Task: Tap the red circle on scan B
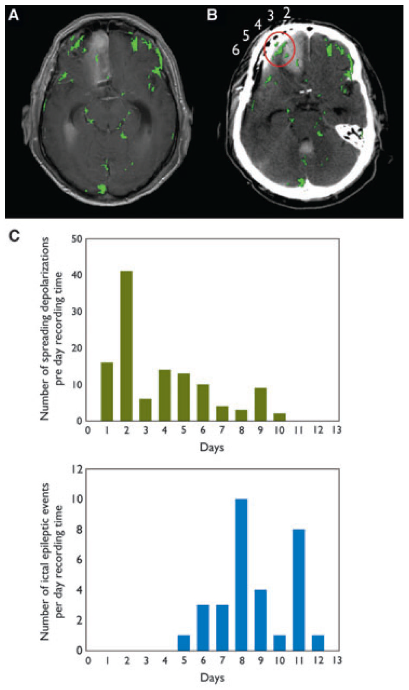pyautogui.click(x=279, y=49)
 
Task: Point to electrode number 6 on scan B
pyautogui.click(x=236, y=50)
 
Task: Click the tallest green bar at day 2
pyautogui.click(x=126, y=346)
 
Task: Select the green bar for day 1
pyautogui.click(x=107, y=392)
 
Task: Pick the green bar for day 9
pyautogui.click(x=260, y=404)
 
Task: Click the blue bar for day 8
pyautogui.click(x=241, y=575)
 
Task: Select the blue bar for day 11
pyautogui.click(x=299, y=590)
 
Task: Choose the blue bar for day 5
pyautogui.click(x=184, y=643)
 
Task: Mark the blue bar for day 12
pyautogui.click(x=318, y=643)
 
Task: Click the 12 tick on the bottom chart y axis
pyautogui.click(x=77, y=469)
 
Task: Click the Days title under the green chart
pyautogui.click(x=212, y=447)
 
